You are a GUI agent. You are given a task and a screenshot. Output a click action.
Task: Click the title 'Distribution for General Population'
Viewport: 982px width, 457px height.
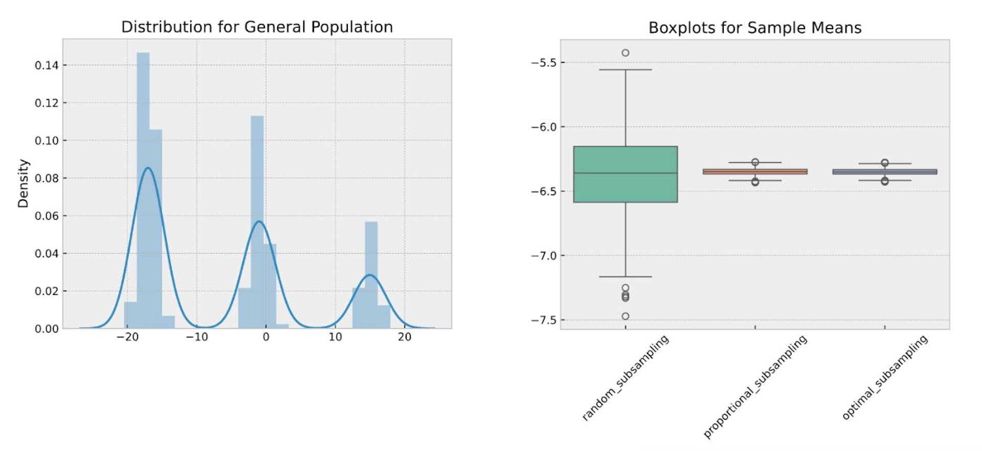(257, 27)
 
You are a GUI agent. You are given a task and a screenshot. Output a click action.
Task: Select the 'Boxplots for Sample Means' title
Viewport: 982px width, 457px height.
(755, 28)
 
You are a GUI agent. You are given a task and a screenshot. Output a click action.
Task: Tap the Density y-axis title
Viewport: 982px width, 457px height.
(23, 184)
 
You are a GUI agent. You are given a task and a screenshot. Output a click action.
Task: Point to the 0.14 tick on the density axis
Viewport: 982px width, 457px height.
(47, 65)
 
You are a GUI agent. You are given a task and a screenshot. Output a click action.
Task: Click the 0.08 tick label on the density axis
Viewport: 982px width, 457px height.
(47, 178)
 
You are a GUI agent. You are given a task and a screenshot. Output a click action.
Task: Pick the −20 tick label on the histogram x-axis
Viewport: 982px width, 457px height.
(127, 337)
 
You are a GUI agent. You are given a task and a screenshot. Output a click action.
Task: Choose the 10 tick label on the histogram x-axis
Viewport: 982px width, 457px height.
(335, 337)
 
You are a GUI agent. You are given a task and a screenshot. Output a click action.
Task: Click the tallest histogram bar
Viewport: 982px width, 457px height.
(143, 189)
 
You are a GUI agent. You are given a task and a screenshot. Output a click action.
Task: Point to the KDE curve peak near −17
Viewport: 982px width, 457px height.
(148, 168)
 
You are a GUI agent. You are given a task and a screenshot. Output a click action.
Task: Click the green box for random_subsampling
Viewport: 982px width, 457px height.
(625, 174)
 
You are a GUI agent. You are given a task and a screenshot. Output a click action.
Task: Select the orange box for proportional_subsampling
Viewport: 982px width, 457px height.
(755, 172)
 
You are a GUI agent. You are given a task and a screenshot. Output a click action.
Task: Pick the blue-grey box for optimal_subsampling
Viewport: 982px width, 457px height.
(884, 172)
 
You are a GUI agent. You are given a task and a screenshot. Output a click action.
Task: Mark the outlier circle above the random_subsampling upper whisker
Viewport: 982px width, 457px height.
(625, 53)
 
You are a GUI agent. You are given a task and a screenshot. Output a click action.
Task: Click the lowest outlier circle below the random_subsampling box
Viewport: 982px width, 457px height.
(625, 316)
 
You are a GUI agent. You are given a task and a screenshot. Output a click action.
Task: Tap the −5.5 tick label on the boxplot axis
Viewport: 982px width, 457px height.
(544, 63)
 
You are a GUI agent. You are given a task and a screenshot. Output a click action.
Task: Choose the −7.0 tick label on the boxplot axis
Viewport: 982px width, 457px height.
(544, 256)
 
